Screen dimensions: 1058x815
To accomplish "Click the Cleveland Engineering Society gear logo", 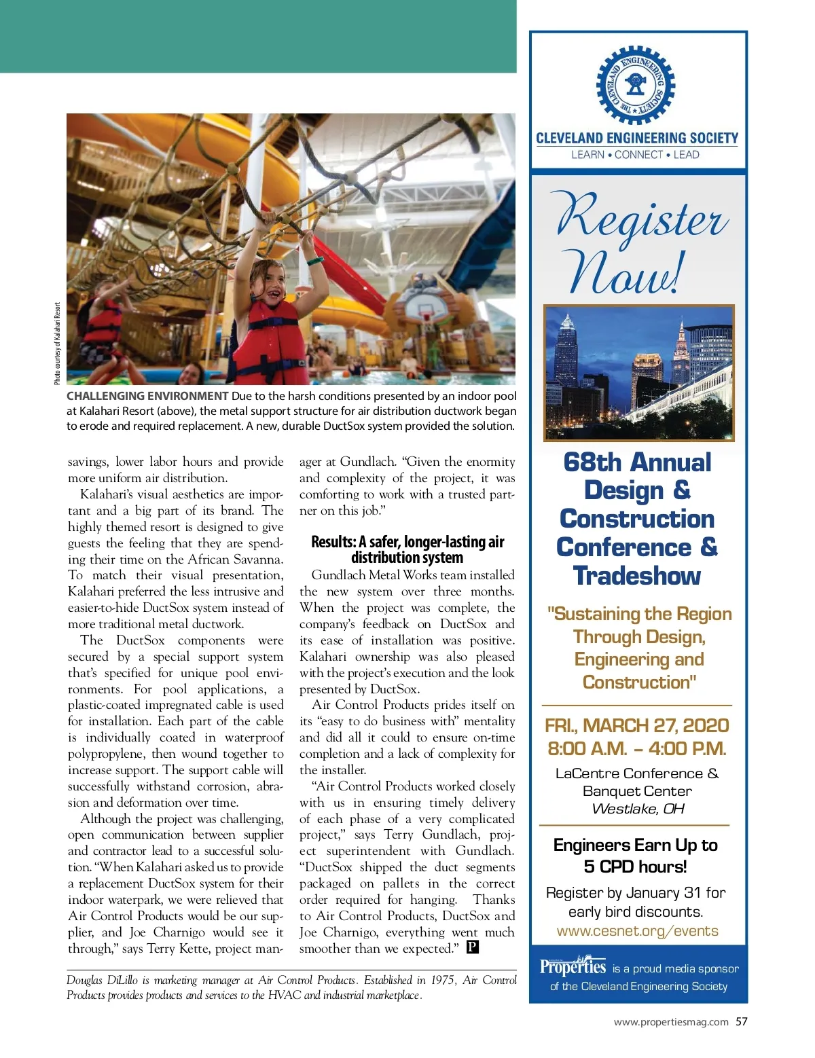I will point(635,85).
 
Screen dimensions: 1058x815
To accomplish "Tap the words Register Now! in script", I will point(638,243).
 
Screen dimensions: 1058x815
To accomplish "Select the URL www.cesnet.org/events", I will point(637,931).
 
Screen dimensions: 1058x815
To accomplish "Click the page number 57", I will point(742,1021).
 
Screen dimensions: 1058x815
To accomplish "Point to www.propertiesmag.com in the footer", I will point(671,1022).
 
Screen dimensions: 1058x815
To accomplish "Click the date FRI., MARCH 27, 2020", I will point(636,725).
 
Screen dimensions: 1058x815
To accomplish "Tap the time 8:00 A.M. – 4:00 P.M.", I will point(636,748).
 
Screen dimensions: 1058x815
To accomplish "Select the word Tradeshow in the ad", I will point(636,576).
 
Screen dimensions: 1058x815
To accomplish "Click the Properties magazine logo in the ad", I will point(573,966).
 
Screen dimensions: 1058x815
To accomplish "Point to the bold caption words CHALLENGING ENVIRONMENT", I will point(147,396).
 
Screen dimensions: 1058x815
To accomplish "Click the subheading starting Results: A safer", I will point(407,549).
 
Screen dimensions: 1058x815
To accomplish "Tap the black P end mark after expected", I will point(473,947).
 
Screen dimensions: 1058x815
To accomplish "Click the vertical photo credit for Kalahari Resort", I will point(58,344).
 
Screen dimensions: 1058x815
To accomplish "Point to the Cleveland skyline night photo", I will point(638,373).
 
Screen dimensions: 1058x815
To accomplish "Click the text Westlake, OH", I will point(638,809).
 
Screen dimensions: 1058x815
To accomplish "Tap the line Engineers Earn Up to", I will point(635,845).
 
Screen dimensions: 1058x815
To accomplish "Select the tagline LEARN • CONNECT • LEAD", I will point(635,155).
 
